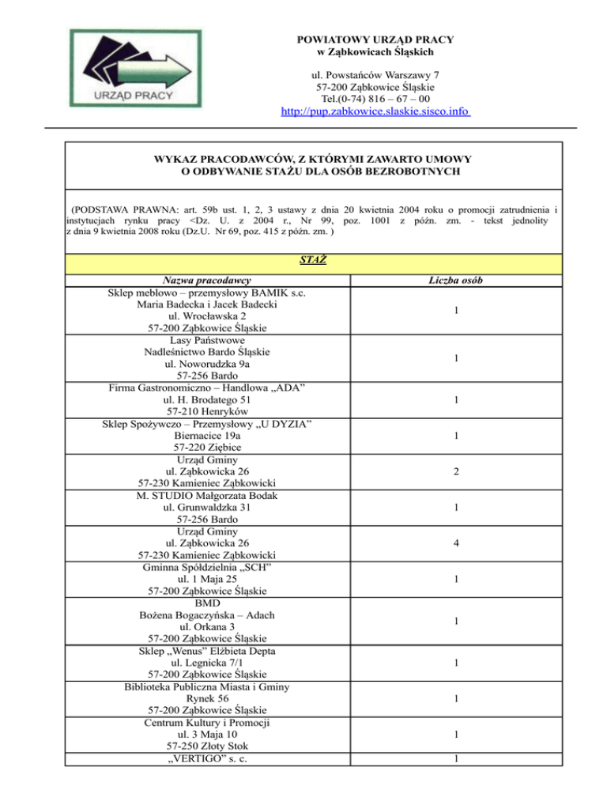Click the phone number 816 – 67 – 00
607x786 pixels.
coord(386,99)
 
